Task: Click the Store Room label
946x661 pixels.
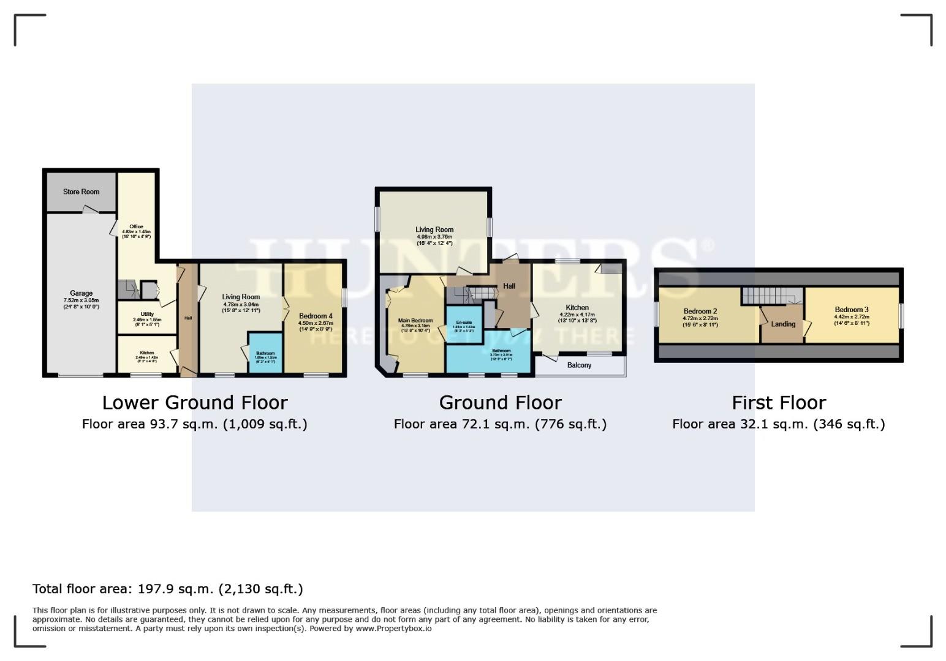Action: (x=81, y=192)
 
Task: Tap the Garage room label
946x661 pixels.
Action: (x=81, y=294)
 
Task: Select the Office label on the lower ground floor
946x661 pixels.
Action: (x=136, y=227)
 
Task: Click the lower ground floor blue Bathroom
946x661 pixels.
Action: (x=265, y=353)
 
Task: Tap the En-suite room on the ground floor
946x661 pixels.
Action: (x=463, y=323)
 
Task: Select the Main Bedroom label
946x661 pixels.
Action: (x=415, y=321)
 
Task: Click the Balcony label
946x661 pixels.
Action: (x=579, y=365)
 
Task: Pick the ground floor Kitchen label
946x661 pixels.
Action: (x=577, y=308)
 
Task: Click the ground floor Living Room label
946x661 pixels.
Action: (x=434, y=230)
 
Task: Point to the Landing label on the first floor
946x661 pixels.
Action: (x=783, y=324)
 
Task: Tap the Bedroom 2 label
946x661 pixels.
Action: (x=700, y=312)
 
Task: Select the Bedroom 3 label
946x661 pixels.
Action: (x=851, y=310)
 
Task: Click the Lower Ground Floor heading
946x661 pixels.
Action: (x=195, y=403)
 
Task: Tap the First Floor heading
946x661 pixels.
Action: (x=779, y=403)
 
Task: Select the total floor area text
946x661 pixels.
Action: (x=167, y=589)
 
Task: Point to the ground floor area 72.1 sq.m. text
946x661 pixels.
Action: (x=500, y=424)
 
